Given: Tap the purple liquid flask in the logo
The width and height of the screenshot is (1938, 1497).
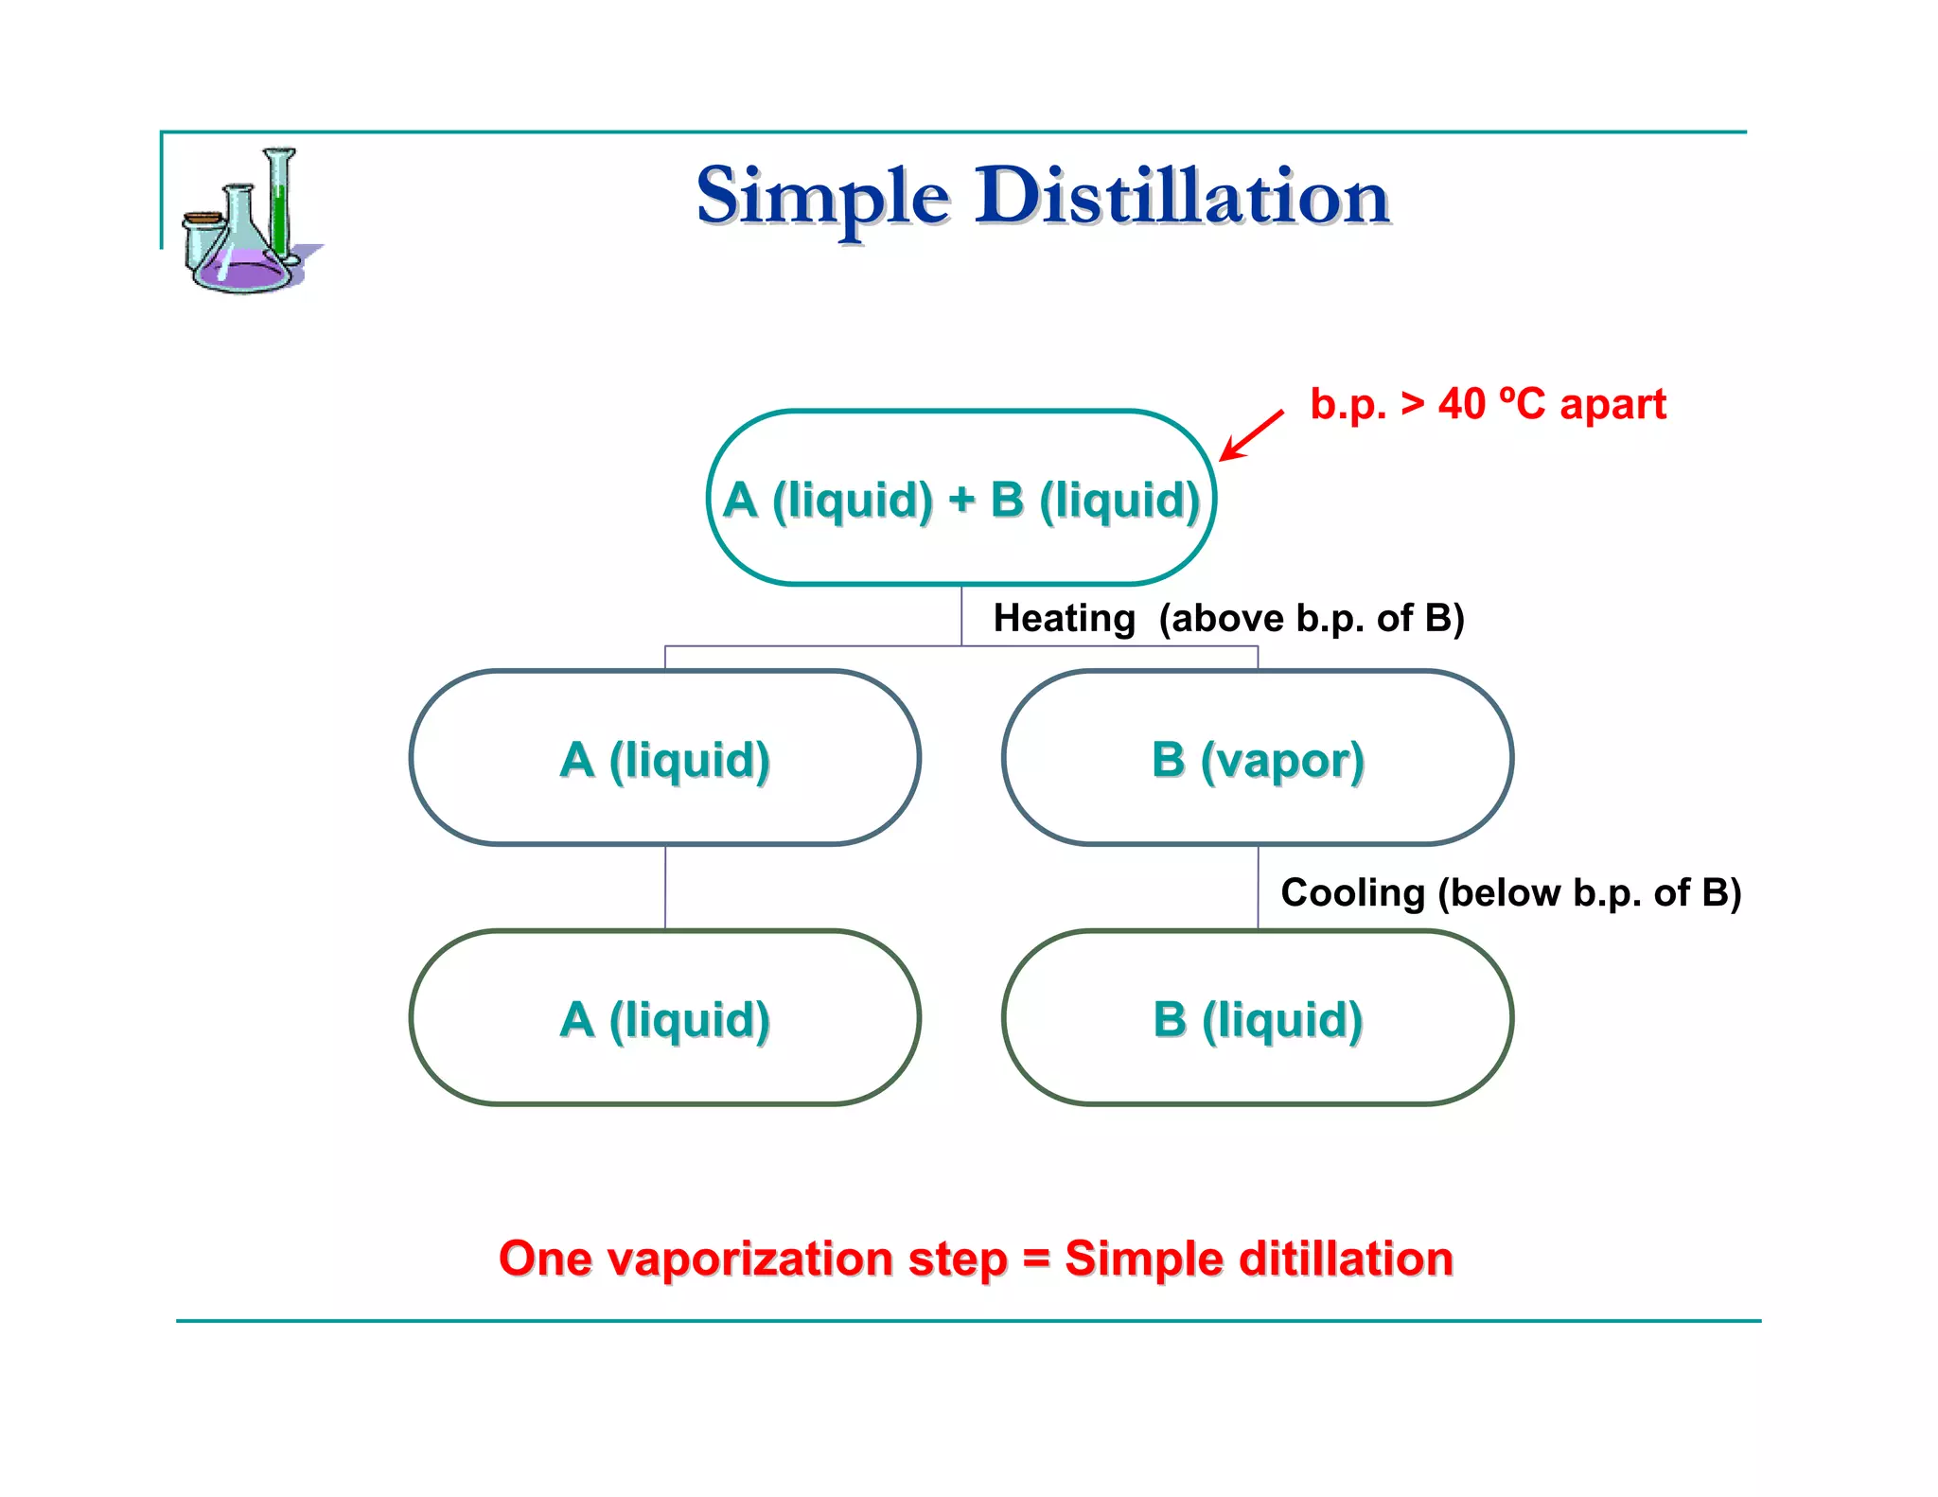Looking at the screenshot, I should (x=242, y=270).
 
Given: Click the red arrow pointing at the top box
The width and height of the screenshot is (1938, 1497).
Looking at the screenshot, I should (x=1251, y=435).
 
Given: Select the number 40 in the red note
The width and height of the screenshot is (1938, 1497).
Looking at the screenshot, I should (x=1462, y=405).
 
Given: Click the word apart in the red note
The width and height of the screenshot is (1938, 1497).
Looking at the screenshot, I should (x=1612, y=405).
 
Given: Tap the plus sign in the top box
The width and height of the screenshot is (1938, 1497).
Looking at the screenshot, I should (x=961, y=499).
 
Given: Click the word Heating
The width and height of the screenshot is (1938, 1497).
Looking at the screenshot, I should (x=1064, y=619).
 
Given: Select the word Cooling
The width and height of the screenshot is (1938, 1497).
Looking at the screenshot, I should (x=1352, y=893).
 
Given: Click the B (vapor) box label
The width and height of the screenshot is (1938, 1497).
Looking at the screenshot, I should (x=1258, y=760).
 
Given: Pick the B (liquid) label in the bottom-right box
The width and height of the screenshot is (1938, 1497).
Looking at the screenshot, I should (x=1258, y=1020).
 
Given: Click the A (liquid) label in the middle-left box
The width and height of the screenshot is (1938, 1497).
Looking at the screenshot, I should (x=664, y=760).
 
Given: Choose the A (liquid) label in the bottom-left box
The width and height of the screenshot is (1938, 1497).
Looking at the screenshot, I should (x=664, y=1020).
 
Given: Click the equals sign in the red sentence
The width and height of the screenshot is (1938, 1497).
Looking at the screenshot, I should (x=1036, y=1259).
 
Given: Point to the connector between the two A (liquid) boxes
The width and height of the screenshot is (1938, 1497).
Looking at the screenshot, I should (x=665, y=888).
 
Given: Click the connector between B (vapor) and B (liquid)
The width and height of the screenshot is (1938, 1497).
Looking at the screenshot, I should (x=1258, y=888).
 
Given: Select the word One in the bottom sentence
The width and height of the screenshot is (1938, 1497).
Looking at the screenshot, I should (x=545, y=1259).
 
